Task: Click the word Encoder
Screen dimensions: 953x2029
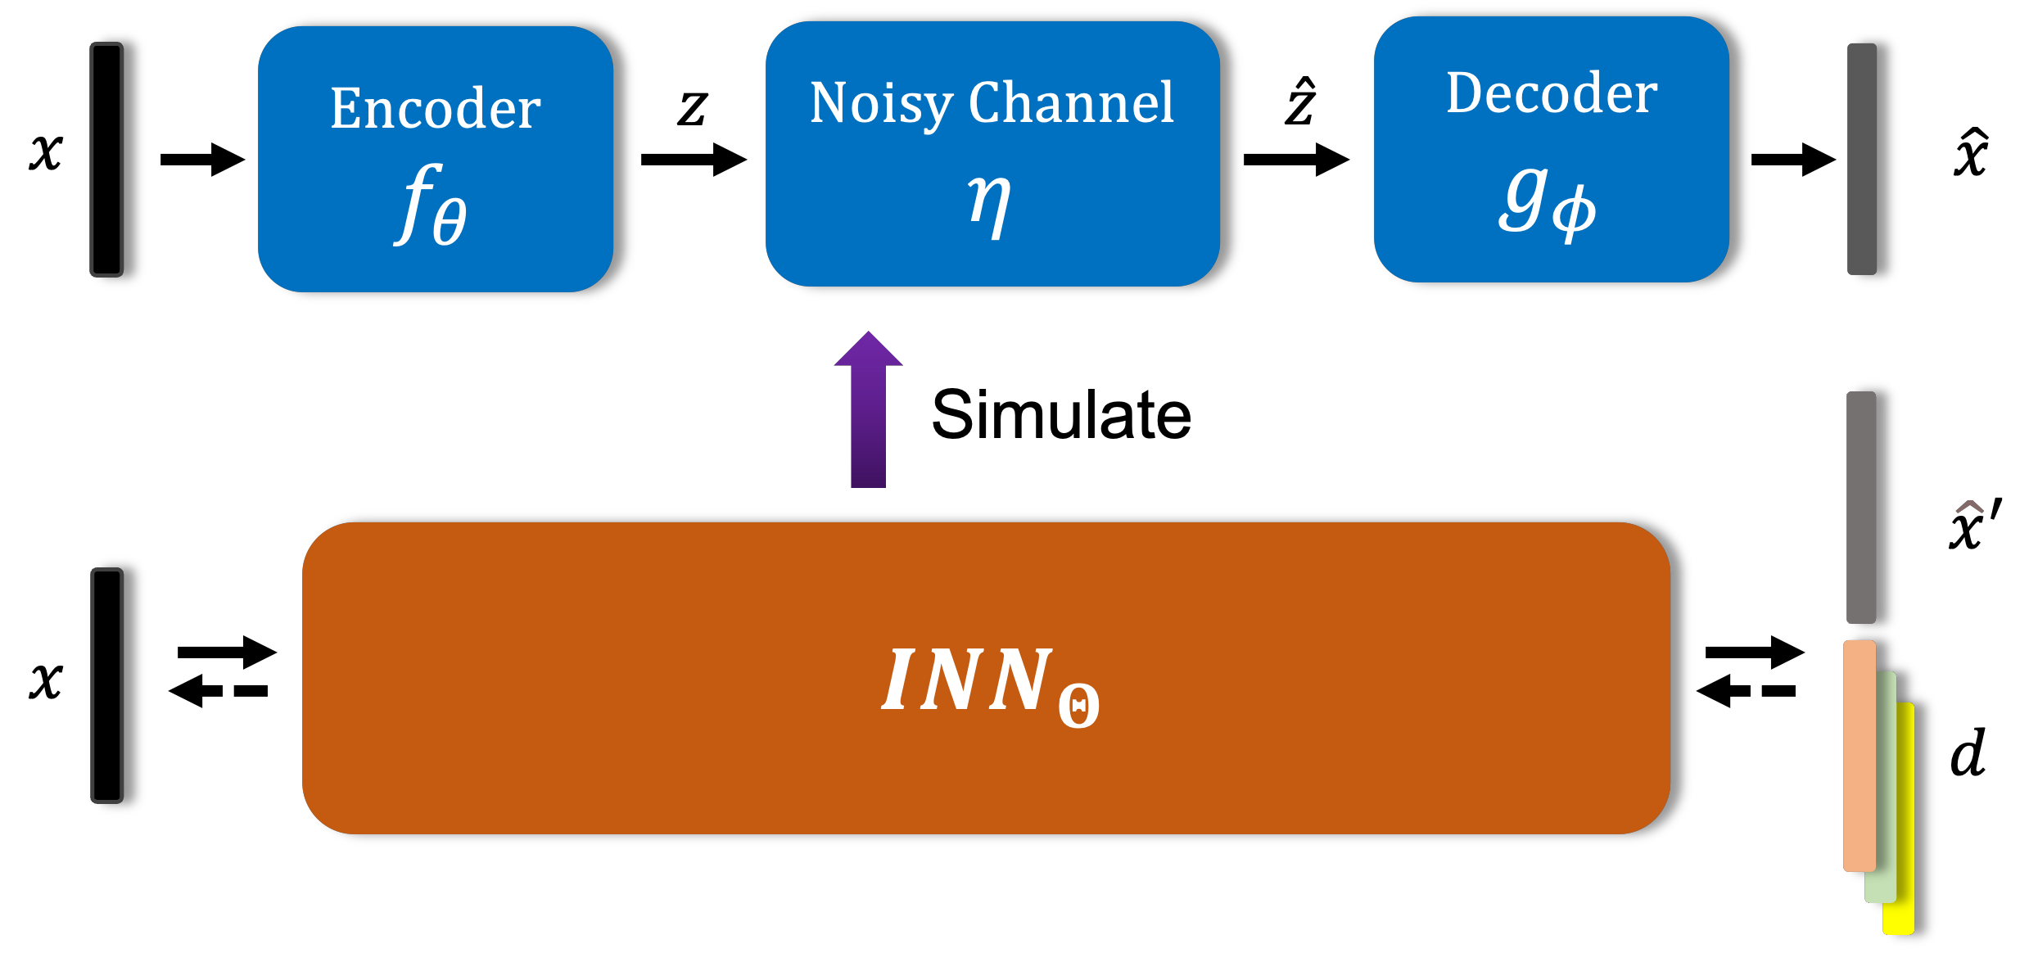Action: click(435, 108)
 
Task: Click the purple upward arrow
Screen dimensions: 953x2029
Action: click(868, 418)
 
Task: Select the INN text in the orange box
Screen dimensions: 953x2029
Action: click(966, 680)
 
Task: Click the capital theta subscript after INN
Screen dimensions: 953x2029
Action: click(1078, 706)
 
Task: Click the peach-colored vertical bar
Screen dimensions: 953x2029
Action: click(1859, 755)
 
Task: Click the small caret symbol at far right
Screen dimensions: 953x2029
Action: click(1969, 507)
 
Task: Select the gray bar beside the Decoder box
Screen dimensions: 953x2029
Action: click(1861, 159)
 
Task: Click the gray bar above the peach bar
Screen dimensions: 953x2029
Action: click(1860, 507)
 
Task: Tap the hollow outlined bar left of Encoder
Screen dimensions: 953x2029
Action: click(106, 159)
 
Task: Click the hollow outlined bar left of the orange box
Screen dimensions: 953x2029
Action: click(106, 685)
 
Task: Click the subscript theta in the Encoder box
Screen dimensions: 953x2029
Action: click(450, 221)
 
